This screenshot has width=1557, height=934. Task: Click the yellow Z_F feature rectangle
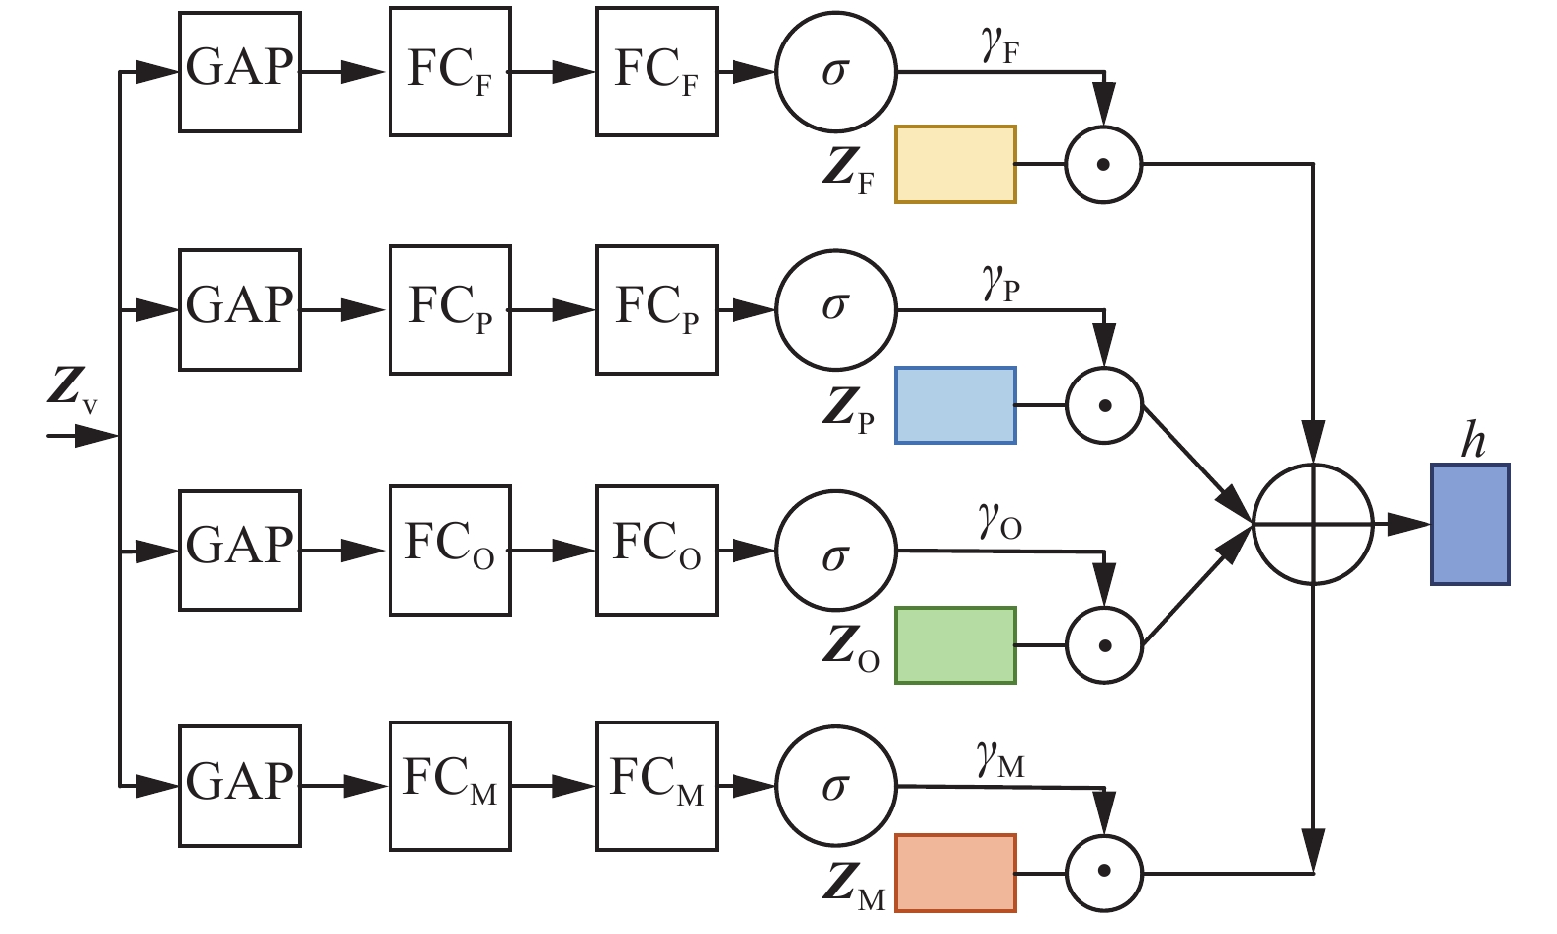[955, 164]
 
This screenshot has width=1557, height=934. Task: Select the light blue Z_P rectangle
[955, 405]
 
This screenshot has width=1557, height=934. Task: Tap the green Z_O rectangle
[955, 645]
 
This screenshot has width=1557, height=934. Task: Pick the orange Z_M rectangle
[955, 873]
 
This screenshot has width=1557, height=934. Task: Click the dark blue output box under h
[1470, 525]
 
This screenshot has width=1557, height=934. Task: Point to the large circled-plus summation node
[1313, 524]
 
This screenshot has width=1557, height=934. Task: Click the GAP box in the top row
[239, 71]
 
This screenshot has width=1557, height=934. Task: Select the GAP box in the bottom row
[239, 785]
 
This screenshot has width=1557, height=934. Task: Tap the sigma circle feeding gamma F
[835, 72]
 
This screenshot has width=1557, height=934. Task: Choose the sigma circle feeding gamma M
[835, 787]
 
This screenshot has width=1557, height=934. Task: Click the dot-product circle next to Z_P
[1104, 405]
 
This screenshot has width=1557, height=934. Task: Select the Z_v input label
[72, 389]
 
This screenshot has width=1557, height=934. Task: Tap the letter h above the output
[1473, 442]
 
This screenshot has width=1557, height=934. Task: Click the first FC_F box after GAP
[450, 71]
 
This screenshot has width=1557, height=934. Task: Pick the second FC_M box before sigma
[656, 786]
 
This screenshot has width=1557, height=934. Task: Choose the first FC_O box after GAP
[450, 551]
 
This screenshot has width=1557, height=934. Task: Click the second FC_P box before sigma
[656, 310]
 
